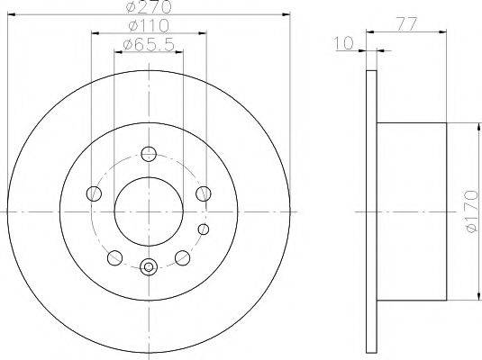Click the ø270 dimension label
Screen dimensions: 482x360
tap(149, 7)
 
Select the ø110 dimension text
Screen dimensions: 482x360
tap(149, 26)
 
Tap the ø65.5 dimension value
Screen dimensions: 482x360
tap(149, 45)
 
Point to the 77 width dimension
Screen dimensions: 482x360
tap(406, 24)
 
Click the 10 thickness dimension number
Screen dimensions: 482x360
tap(343, 43)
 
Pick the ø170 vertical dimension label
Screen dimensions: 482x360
tap(471, 211)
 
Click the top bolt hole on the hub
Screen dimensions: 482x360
tap(149, 154)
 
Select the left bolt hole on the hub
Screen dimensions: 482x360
tap(94, 193)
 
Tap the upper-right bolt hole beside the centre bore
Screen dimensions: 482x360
tap(204, 193)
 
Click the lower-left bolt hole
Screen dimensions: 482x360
tap(115, 257)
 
